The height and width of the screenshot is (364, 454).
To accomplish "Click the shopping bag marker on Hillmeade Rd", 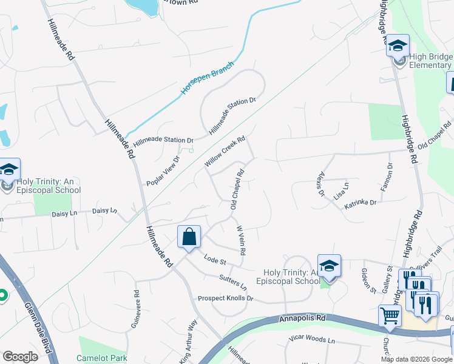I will tap(189, 237).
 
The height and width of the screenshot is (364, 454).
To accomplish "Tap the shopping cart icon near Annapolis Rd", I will tap(390, 315).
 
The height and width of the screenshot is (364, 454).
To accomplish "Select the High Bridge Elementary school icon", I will tap(398, 45).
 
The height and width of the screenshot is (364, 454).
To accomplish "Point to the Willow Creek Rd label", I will tap(224, 152).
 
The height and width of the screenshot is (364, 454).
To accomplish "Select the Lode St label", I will tap(215, 261).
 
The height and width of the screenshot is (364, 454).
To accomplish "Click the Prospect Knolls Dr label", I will tap(225, 298).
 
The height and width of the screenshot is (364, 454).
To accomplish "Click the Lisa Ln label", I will tap(341, 192).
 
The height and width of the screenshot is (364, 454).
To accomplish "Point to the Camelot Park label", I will tap(102, 358).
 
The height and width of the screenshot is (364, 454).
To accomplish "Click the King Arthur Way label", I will tap(188, 341).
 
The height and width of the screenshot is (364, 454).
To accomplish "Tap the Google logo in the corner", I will tap(21, 357).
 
